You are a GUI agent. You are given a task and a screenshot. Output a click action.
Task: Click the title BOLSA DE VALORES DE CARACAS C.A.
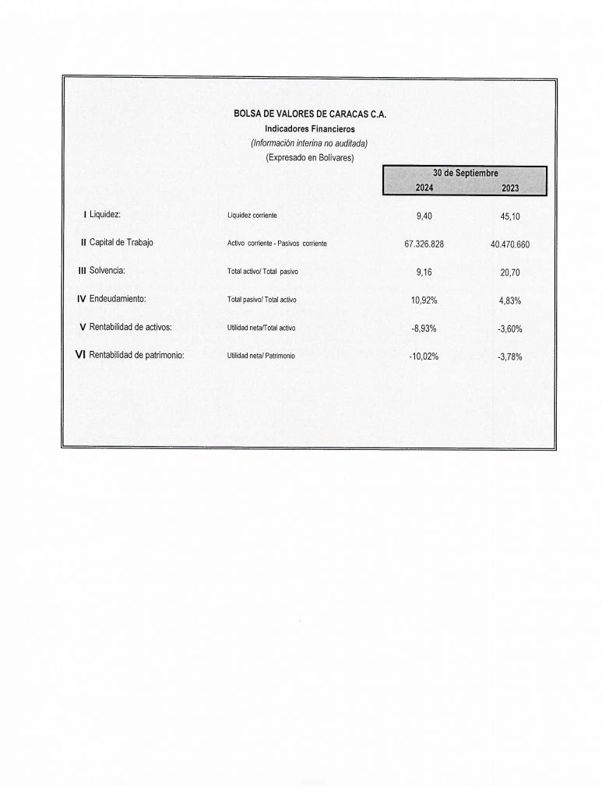click(x=309, y=114)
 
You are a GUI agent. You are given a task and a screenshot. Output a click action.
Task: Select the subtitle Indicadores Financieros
click(x=309, y=128)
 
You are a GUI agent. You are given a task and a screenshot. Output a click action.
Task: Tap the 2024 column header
click(x=424, y=188)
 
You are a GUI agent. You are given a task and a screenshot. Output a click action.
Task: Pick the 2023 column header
click(x=510, y=188)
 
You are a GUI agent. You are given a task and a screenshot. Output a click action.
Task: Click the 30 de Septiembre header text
click(x=465, y=173)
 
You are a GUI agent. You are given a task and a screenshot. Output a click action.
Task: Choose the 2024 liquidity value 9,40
click(x=424, y=216)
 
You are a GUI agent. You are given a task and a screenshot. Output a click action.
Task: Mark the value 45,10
click(x=510, y=216)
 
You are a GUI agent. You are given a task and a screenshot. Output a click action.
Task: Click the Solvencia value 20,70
click(x=510, y=272)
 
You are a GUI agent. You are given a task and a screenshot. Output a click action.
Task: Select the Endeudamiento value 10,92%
click(x=424, y=300)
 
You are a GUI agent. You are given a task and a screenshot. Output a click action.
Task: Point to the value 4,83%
click(x=510, y=300)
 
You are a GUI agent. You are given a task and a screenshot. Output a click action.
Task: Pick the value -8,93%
click(x=424, y=328)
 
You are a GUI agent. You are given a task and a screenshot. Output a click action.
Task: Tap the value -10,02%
click(x=424, y=356)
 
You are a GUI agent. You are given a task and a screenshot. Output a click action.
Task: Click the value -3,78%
click(x=509, y=357)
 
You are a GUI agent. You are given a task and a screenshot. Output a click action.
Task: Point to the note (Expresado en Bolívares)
click(x=309, y=157)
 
